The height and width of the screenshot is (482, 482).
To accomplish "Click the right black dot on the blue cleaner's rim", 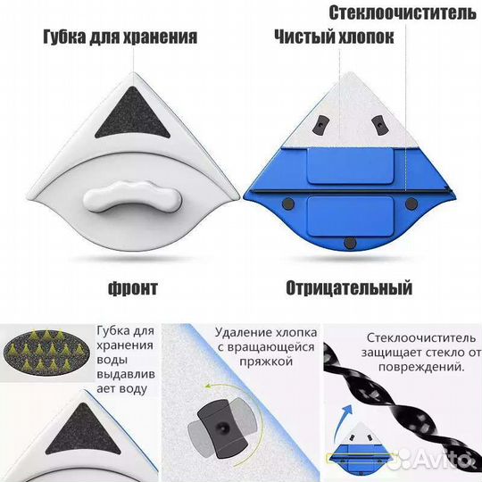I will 410,204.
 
